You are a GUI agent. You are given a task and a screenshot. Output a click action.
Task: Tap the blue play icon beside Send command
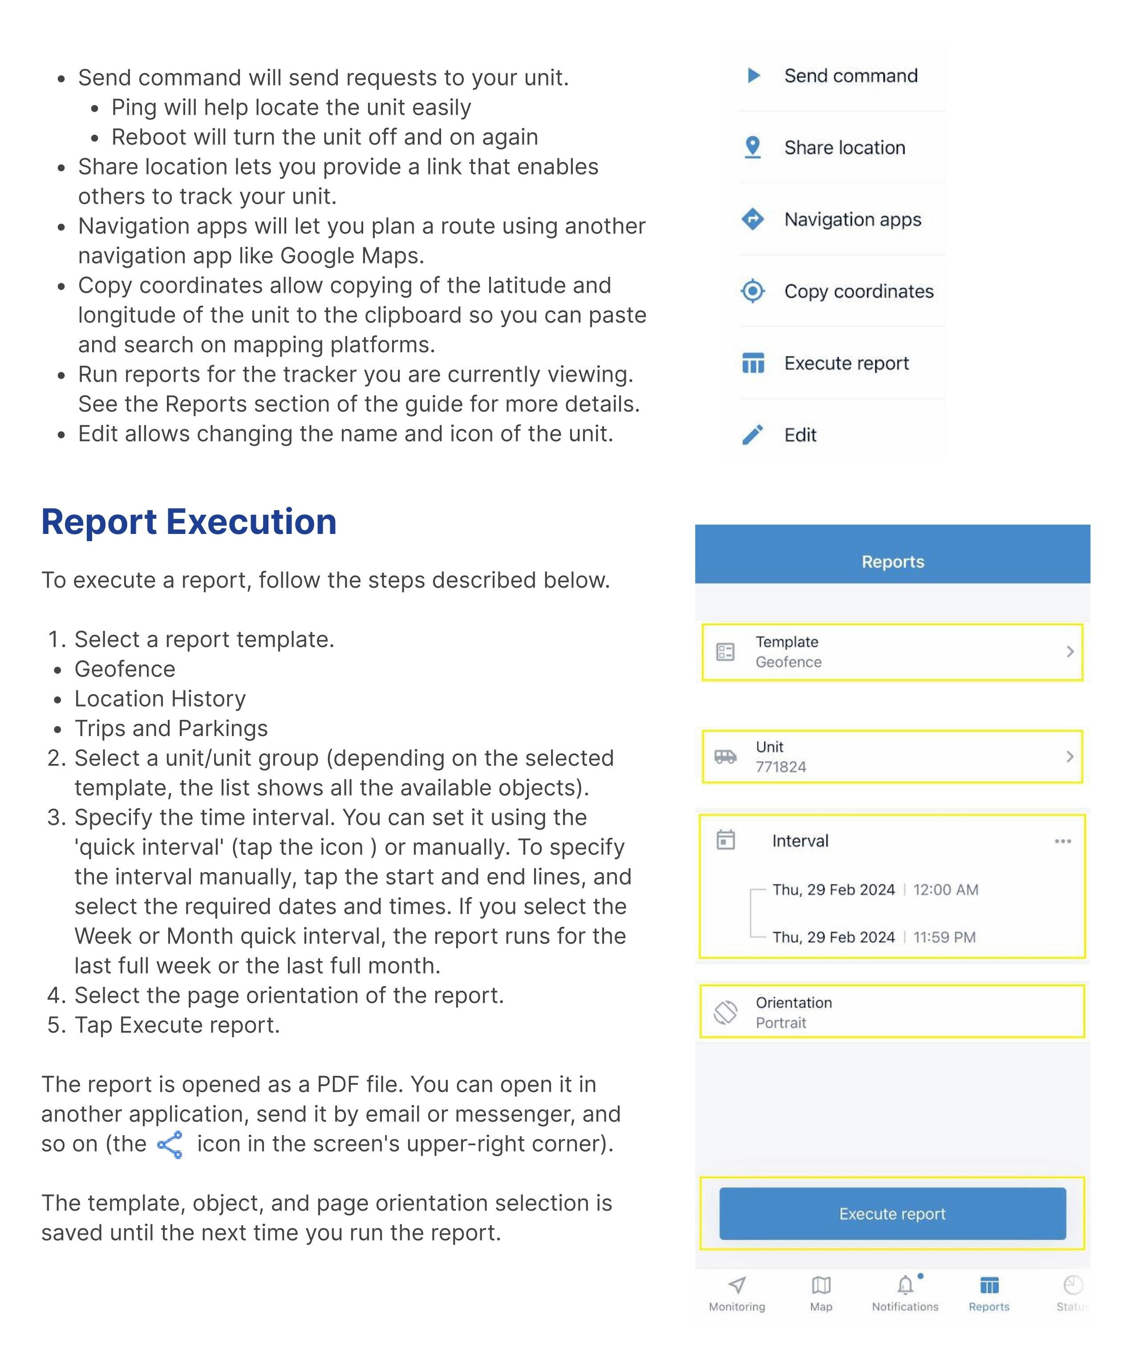click(753, 76)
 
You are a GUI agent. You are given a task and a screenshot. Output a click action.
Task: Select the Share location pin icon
click(753, 147)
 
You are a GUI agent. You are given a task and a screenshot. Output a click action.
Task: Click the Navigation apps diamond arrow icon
click(753, 219)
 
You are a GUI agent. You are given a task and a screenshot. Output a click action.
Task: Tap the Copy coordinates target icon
click(753, 291)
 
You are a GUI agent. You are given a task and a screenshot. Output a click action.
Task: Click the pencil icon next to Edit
click(753, 435)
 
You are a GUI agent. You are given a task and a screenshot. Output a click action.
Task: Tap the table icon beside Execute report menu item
click(753, 363)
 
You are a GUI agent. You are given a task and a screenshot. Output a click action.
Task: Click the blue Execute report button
click(892, 1213)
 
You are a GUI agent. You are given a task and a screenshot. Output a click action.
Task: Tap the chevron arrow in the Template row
click(1070, 652)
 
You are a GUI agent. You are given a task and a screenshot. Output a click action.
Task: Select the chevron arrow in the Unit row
click(1070, 756)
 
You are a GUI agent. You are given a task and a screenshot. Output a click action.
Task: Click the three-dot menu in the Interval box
click(1063, 841)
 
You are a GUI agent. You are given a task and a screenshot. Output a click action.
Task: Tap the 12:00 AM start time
click(945, 890)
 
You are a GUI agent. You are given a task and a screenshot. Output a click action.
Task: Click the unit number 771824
click(781, 767)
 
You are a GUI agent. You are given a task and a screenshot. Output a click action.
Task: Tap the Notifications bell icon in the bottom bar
click(905, 1285)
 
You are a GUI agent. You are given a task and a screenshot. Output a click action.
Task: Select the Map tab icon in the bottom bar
click(821, 1285)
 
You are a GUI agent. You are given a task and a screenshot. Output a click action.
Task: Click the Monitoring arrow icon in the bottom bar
click(737, 1285)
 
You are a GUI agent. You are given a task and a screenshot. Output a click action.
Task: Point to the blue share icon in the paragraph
click(170, 1144)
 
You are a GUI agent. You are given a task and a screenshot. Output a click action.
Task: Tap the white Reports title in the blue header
click(892, 562)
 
